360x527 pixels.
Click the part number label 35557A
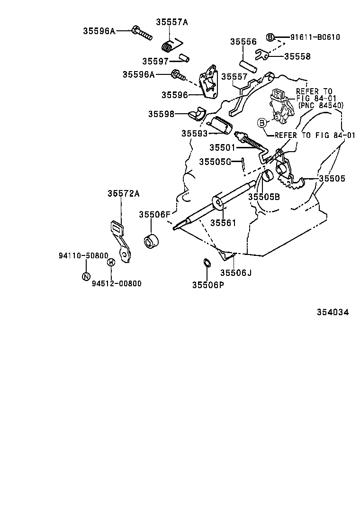coord(171,22)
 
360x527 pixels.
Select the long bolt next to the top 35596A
coord(142,33)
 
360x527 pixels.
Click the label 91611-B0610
coord(315,37)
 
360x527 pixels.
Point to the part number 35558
coord(297,56)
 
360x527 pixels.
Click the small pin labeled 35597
coord(184,58)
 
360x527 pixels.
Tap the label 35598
coord(161,114)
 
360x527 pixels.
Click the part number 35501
coord(222,147)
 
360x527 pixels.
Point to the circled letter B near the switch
coord(261,123)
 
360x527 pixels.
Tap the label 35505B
coord(264,197)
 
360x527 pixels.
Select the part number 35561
coord(223,223)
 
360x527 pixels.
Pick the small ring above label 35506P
coord(207,263)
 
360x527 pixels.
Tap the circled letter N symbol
coord(86,276)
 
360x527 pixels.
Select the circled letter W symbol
coord(111,262)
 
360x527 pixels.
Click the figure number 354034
coord(333,312)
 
